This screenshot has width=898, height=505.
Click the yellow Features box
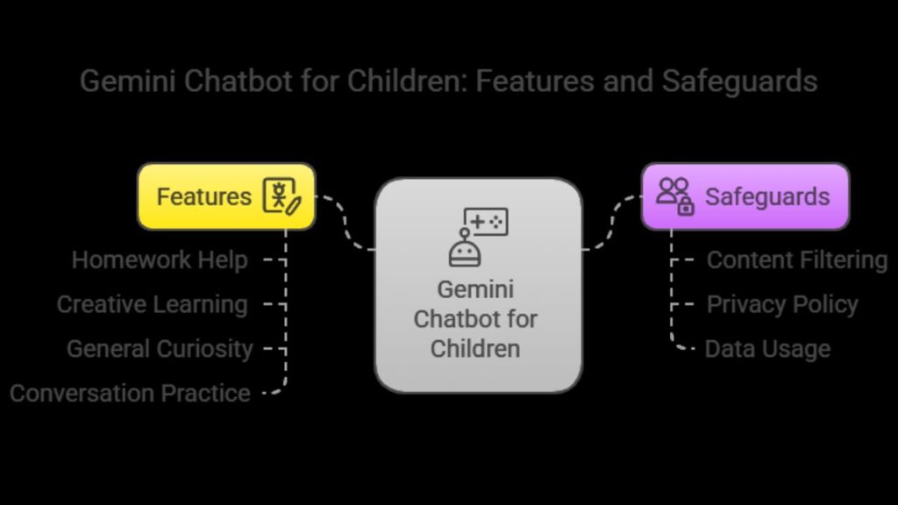226,196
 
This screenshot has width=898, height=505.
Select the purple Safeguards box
745,196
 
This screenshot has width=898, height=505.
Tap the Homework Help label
160,260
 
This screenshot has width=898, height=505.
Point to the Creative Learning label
153,304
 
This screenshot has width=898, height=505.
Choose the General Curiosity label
160,349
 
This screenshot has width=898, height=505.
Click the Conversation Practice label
130,394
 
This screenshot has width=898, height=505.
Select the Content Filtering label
797,260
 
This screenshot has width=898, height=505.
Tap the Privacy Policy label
782,304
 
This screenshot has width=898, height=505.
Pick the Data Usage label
767,349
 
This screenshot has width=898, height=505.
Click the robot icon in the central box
465,248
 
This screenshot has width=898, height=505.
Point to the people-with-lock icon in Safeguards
675,196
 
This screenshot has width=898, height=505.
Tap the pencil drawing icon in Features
282,196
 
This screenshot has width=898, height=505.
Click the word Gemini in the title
128,81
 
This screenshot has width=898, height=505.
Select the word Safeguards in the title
740,81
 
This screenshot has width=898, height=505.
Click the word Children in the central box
475,349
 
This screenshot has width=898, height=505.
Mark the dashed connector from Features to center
346,224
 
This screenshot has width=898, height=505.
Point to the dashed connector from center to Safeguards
611,224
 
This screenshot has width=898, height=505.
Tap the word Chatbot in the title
239,81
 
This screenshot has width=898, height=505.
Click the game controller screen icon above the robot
486,222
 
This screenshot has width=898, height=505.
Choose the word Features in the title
535,81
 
